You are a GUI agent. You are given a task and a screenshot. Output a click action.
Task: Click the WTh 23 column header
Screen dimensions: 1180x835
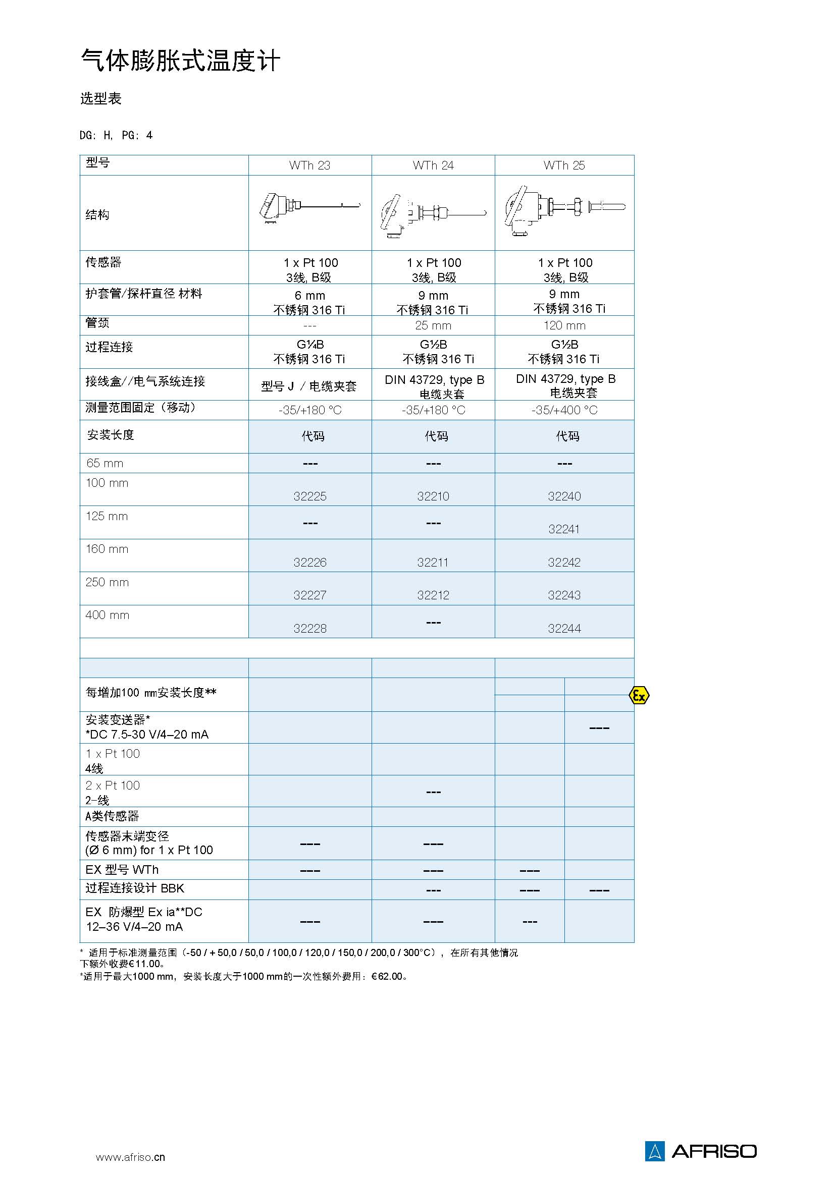[309, 165]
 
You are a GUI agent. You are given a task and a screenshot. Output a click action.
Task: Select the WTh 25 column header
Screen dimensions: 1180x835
[564, 165]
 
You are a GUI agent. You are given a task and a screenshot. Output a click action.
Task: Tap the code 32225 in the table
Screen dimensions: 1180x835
[309, 496]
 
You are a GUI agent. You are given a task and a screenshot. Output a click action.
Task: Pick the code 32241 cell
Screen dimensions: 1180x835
[564, 529]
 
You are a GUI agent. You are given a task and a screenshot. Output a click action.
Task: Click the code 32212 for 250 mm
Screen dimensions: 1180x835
[433, 595]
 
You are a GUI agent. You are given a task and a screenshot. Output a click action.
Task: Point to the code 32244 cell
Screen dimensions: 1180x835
[564, 628]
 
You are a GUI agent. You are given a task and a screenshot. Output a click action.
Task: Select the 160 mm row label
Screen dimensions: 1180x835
[107, 549]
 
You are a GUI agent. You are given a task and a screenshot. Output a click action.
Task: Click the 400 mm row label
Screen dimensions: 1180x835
[107, 615]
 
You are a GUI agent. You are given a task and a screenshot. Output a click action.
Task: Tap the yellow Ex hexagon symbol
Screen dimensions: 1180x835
[639, 695]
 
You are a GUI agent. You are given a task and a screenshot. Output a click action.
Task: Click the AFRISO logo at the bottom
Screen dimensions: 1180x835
[701, 1151]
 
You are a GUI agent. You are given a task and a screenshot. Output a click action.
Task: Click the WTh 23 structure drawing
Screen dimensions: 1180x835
[309, 208]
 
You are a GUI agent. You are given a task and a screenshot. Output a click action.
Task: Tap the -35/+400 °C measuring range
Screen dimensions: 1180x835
[564, 410]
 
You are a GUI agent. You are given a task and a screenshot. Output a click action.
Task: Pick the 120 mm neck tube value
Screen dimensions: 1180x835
[564, 325]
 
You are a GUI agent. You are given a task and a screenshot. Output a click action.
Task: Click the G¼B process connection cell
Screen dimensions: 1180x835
[309, 352]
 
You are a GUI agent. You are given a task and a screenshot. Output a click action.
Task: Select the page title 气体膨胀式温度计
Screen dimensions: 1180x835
[180, 61]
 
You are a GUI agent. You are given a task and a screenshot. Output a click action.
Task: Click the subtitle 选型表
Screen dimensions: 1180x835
[101, 99]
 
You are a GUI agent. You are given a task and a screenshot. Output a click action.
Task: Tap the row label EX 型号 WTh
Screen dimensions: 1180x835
[122, 870]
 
